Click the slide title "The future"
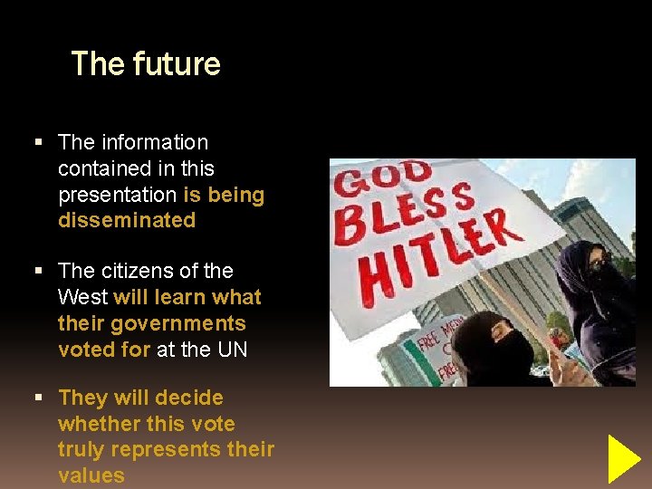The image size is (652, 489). [146, 63]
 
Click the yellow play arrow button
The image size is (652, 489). [623, 458]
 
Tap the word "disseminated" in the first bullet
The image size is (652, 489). [127, 220]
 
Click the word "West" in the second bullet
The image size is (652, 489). [82, 297]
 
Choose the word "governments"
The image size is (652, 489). [178, 323]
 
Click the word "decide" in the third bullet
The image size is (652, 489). [190, 398]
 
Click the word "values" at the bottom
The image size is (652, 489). [91, 476]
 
